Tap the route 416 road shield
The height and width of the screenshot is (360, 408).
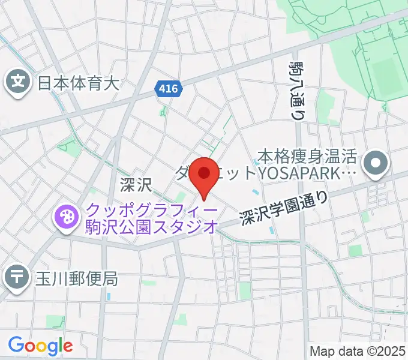pyautogui.click(x=169, y=89)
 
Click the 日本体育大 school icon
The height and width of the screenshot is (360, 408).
pyautogui.click(x=18, y=82)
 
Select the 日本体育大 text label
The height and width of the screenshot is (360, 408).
pyautogui.click(x=79, y=82)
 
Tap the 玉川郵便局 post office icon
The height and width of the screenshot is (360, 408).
pyautogui.click(x=17, y=277)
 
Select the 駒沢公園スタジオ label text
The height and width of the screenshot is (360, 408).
pyautogui.click(x=152, y=227)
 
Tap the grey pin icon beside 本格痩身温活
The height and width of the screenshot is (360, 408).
pyautogui.click(x=376, y=162)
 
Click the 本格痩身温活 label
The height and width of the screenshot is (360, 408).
pyautogui.click(x=307, y=158)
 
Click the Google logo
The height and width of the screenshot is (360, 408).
pyautogui.click(x=40, y=345)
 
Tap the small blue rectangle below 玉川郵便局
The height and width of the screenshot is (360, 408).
pyautogui.click(x=109, y=296)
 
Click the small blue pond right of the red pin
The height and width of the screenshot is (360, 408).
pyautogui.click(x=257, y=193)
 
